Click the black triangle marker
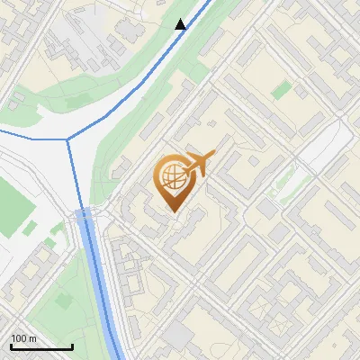(181, 24)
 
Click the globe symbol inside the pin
(171, 178)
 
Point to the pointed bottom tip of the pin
(174, 212)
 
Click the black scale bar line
(41, 347)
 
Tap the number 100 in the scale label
(19, 338)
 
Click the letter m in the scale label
(32, 338)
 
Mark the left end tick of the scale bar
(11, 345)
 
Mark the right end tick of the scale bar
(72, 345)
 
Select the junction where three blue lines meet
(69, 139)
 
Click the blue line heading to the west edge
(27, 133)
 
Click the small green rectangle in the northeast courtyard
(282, 89)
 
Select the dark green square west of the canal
(56, 228)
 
